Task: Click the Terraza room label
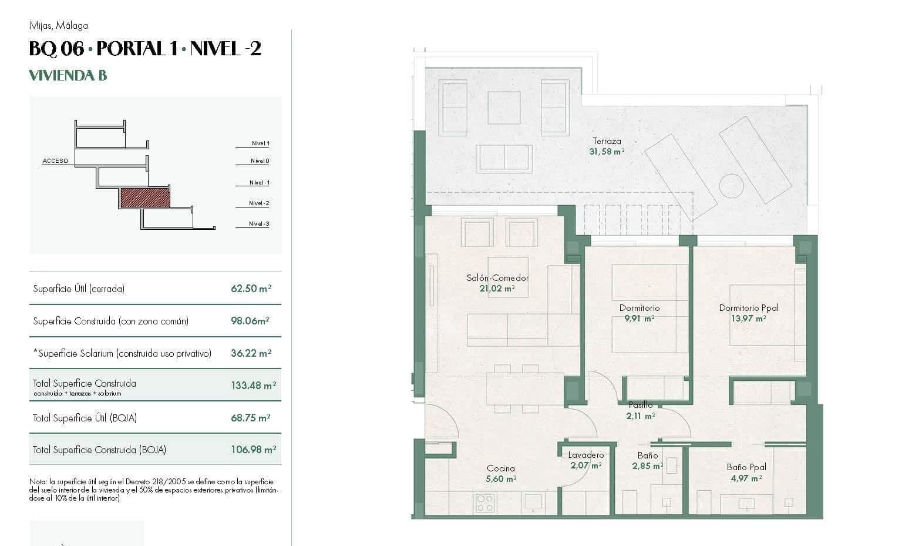(607, 141)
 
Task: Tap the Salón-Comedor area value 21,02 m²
(497, 289)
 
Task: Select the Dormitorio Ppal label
(748, 308)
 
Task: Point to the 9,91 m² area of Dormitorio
(640, 319)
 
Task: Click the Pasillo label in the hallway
(640, 405)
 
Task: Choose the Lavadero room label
(585, 455)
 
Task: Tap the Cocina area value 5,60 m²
(501, 479)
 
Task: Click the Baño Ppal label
(746, 467)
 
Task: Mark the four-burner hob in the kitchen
(485, 503)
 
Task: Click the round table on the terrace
(731, 186)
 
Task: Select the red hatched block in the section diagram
(145, 198)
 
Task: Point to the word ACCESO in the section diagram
(55, 161)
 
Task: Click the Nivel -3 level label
(259, 224)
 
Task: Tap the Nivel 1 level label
(260, 143)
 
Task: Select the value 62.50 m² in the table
(251, 289)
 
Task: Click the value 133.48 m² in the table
(253, 386)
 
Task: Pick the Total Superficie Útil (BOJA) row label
(85, 418)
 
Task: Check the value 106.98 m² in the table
(253, 450)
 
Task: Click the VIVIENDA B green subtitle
(68, 75)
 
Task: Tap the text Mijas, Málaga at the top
(58, 25)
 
